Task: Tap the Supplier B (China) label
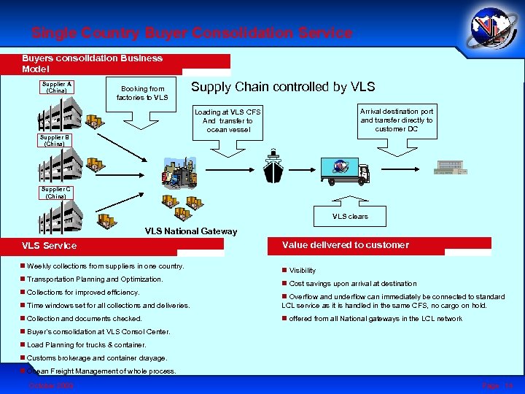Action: pos(55,140)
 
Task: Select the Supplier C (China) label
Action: pos(56,193)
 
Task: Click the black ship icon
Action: pos(273,167)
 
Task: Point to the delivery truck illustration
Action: pos(344,170)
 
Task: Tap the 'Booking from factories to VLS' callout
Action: pos(143,93)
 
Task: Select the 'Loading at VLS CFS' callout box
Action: pos(227,120)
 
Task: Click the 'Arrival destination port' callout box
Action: pos(397,120)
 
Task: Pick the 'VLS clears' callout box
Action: pos(351,217)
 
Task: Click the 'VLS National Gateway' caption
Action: pos(191,231)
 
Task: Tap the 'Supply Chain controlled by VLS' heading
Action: pos(283,87)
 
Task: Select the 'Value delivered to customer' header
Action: pos(363,245)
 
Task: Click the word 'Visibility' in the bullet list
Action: pos(303,270)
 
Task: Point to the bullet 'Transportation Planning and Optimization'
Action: pos(95,279)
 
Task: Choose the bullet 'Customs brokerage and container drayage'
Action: pos(97,358)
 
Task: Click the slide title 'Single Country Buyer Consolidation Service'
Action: pos(192,33)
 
